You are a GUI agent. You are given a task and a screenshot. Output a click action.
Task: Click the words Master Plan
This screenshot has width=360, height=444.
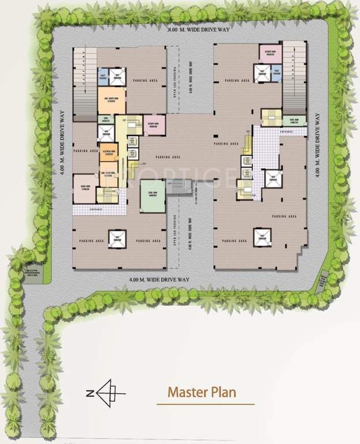click(x=202, y=392)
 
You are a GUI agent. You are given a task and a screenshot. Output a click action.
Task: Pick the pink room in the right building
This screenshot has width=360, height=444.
click(x=269, y=53)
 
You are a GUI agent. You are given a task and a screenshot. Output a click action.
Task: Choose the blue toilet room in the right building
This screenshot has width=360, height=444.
click(x=276, y=73)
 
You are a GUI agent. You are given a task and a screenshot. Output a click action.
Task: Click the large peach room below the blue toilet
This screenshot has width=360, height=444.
click(x=111, y=99)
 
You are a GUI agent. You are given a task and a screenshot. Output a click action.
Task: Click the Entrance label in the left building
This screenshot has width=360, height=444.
click(x=96, y=209)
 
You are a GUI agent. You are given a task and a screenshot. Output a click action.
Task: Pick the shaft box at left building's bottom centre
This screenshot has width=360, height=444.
click(x=120, y=238)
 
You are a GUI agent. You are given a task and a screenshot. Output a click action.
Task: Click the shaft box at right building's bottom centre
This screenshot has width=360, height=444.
click(x=262, y=236)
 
